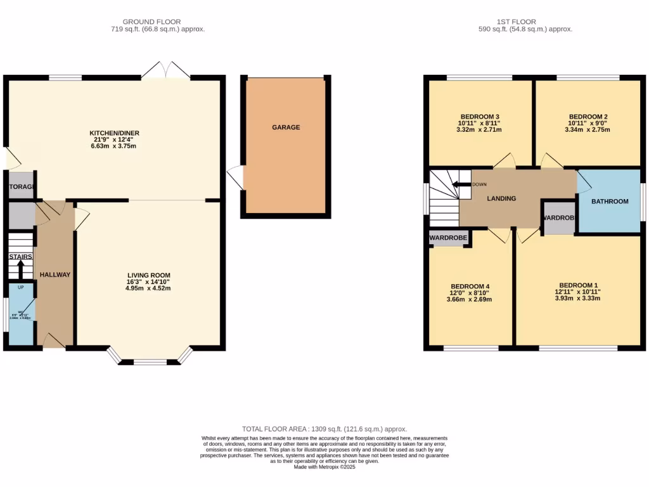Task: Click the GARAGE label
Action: pos(286,127)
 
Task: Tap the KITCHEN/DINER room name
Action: pos(114,133)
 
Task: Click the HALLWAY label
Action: pos(55,275)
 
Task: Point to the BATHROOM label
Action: pos(610,202)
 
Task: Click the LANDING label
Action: pos(501,198)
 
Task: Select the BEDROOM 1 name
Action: pos(578,285)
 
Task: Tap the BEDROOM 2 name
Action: pos(588,117)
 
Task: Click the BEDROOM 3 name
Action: pos(480,117)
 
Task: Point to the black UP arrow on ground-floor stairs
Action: pos(20,269)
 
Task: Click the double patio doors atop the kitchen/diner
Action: pos(165,70)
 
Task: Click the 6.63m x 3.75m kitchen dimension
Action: pos(114,146)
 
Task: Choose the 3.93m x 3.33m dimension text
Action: pos(578,299)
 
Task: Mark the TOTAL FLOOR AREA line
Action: pos(324,429)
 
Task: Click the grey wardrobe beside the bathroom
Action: pos(559,218)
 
